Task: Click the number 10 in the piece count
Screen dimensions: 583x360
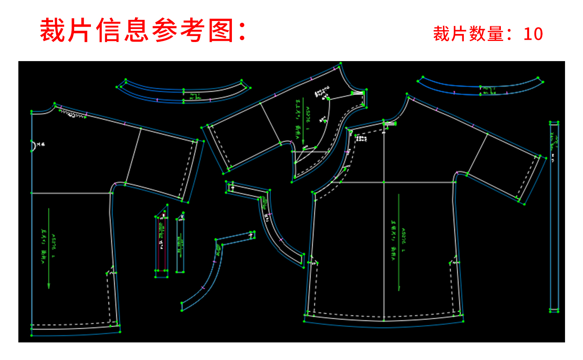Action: click(533, 34)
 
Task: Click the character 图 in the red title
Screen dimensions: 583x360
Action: click(221, 31)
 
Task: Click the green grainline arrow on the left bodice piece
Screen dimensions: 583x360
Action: click(49, 248)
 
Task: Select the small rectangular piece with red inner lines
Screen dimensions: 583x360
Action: click(161, 244)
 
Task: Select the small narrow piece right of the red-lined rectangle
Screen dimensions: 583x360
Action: click(180, 244)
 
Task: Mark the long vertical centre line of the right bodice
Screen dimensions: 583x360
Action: click(384, 229)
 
